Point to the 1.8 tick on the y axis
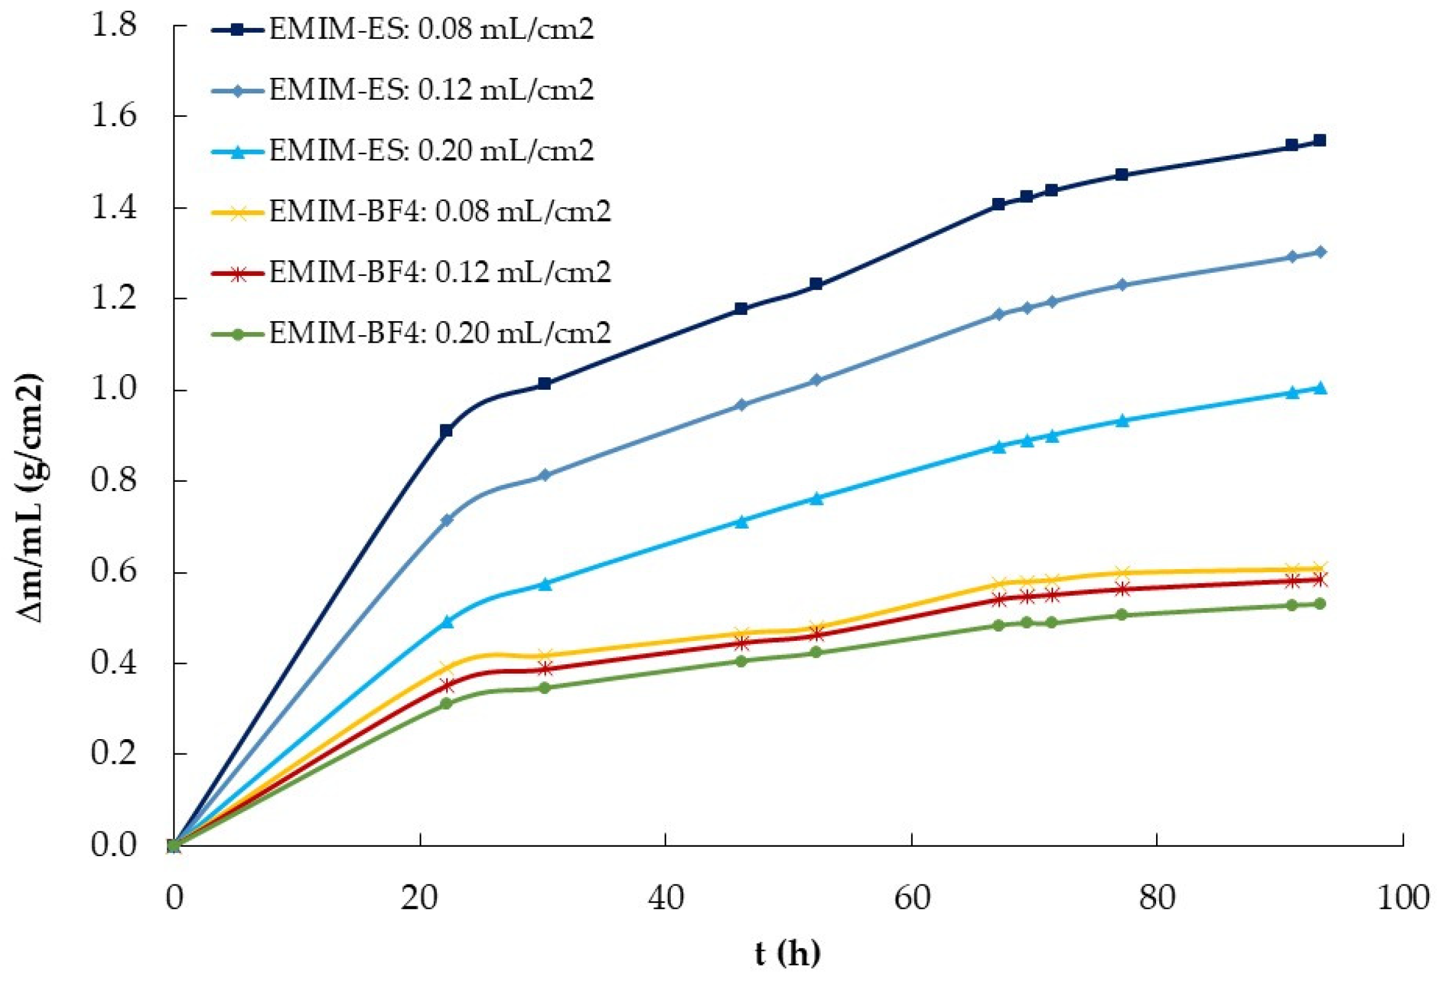click(114, 25)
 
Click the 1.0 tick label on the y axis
click(114, 390)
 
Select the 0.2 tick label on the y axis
click(114, 754)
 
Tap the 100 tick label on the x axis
click(1402, 898)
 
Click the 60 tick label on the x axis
click(912, 898)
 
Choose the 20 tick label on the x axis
click(420, 898)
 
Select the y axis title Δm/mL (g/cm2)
click(30, 498)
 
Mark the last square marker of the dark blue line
click(1319, 141)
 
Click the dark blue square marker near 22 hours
click(446, 431)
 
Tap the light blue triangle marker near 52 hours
click(816, 499)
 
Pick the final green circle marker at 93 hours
click(1319, 604)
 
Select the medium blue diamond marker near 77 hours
click(1121, 285)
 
